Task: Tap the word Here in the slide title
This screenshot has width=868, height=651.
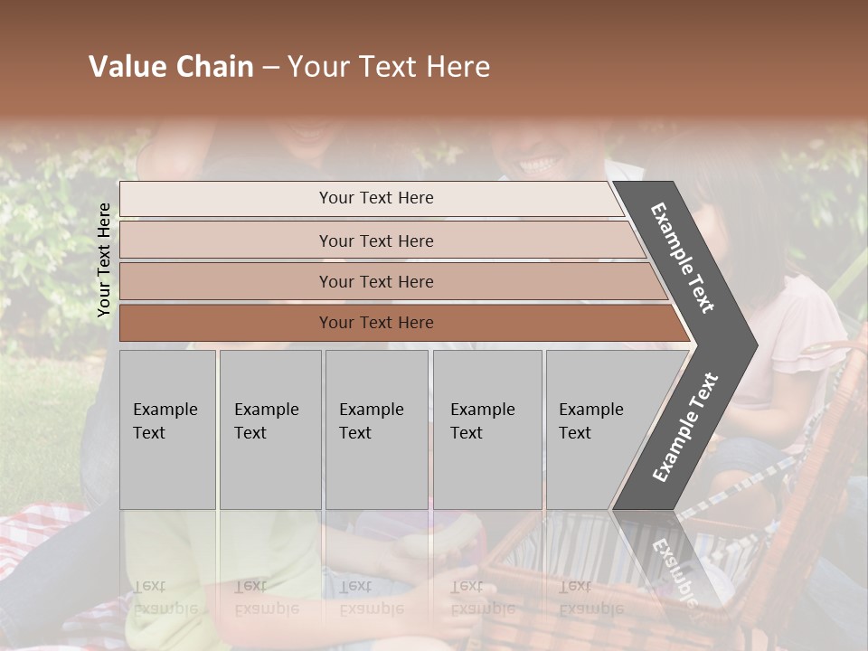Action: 457,67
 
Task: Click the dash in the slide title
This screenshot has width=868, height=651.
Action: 269,68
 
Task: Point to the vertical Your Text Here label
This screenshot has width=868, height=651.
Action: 104,259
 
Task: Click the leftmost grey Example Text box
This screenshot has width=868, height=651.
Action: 167,429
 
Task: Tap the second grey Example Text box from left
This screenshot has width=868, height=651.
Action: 270,429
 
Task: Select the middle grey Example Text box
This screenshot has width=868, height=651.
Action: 376,429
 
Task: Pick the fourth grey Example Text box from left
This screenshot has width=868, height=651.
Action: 487,429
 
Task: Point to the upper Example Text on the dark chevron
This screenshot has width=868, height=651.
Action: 683,258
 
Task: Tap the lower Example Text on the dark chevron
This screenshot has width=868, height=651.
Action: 685,427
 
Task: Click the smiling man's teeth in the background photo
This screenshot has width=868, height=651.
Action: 538,165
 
